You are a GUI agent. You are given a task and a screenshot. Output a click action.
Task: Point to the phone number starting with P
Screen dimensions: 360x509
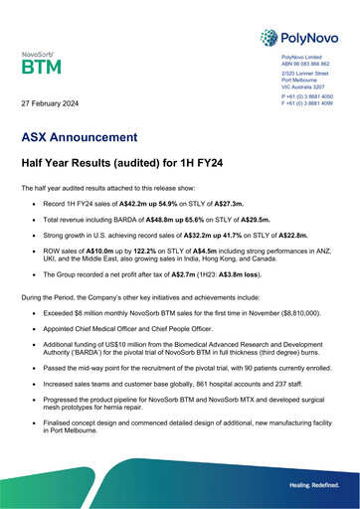pos(307,97)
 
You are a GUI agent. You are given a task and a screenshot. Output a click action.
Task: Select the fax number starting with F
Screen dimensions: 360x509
pos(307,103)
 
